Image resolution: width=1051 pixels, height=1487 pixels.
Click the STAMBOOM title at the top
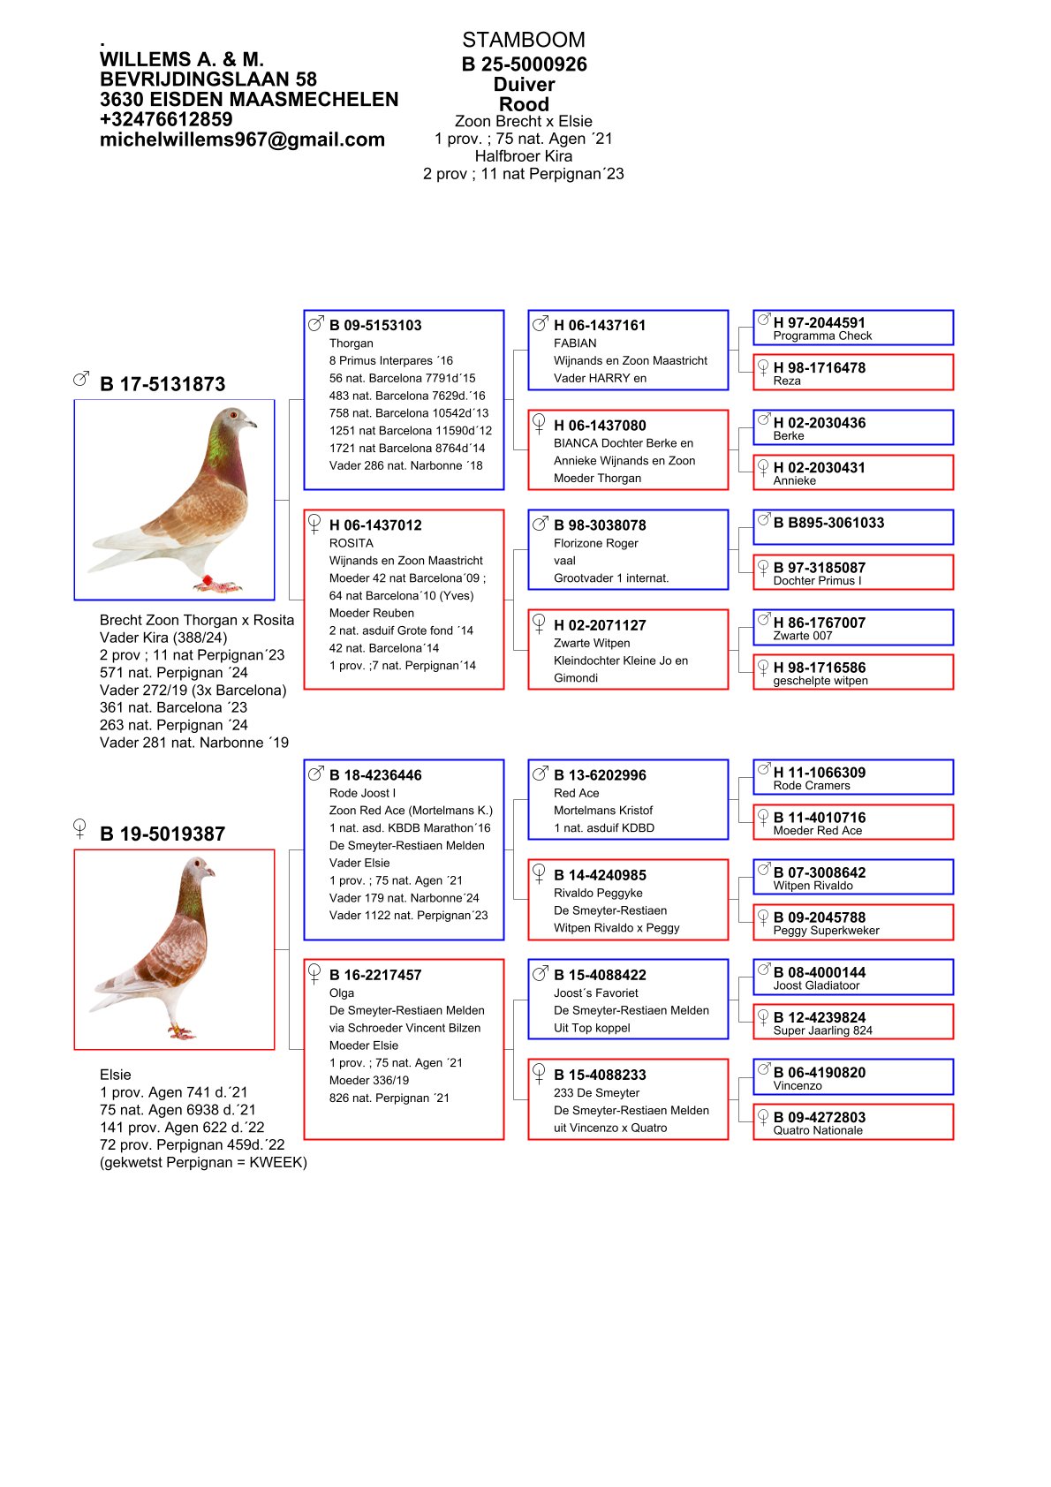coord(523,40)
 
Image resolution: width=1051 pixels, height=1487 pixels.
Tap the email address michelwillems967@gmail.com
coord(242,140)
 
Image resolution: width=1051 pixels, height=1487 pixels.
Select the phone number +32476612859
coord(166,119)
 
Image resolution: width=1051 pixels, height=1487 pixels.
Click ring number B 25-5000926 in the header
coord(524,64)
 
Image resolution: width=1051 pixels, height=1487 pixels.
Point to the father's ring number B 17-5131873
coord(163,384)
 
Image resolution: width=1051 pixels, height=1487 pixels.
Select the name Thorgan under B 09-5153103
coord(351,343)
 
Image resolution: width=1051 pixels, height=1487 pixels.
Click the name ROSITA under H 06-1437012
coord(351,543)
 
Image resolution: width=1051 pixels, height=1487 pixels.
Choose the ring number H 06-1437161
coord(600,325)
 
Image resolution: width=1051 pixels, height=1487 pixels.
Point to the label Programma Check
coord(821,336)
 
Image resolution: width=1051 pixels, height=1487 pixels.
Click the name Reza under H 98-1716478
coord(786,381)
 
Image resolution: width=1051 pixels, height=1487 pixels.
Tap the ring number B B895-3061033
coord(828,523)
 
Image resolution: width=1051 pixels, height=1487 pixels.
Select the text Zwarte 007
coord(802,636)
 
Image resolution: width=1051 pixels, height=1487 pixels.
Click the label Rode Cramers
coord(811,786)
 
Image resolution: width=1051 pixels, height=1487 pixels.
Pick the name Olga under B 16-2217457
coord(341,993)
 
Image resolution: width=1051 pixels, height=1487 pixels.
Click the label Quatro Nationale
coord(817,1130)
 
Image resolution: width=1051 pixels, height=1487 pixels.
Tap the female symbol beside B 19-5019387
coord(79,828)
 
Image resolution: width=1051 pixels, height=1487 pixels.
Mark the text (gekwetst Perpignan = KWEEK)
coord(203,1162)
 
